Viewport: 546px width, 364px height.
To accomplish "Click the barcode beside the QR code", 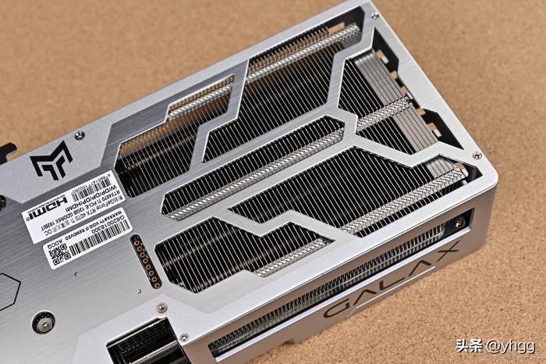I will pos(97,238).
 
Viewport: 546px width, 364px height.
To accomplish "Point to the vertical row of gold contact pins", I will pos(146,261).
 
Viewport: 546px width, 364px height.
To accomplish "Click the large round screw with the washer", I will pos(43,322).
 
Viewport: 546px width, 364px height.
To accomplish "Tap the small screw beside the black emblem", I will pos(80,135).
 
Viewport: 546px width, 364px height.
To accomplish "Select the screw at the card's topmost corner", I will pos(374,15).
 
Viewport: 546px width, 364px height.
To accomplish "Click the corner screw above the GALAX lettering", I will pos(477,155).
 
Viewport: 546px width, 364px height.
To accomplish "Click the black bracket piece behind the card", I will pos(6,152).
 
